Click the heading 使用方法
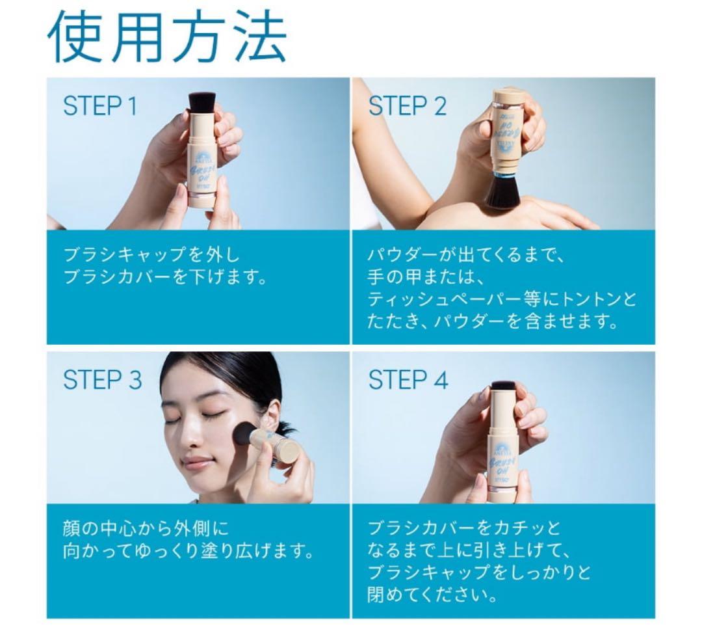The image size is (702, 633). pyautogui.click(x=167, y=36)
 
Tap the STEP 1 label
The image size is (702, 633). pyautogui.click(x=100, y=106)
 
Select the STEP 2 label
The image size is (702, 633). pyautogui.click(x=408, y=106)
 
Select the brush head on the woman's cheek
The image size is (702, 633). pyautogui.click(x=246, y=433)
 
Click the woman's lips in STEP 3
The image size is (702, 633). pyautogui.click(x=198, y=463)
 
